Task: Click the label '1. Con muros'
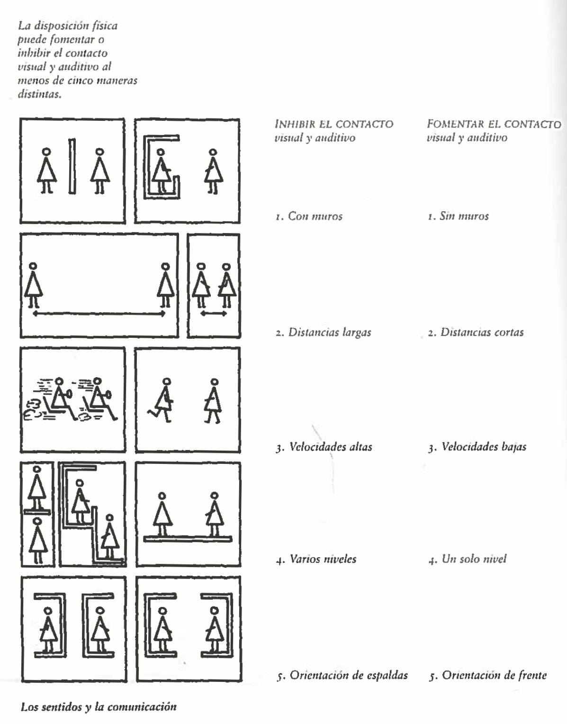click(309, 217)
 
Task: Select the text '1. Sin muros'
click(458, 217)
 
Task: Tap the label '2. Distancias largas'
click(324, 332)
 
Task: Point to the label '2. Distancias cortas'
click(476, 332)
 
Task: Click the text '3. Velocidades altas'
click(324, 447)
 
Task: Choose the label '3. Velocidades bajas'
click(477, 447)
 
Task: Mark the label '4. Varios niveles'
click(316, 559)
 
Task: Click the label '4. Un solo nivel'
click(467, 559)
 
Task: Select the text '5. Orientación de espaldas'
click(342, 675)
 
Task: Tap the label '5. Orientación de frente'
click(487, 675)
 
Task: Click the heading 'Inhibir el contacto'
click(334, 124)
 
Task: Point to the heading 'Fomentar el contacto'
click(494, 124)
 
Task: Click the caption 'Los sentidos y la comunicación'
click(99, 707)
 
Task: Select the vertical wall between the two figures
click(72, 166)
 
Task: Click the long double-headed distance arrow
click(99, 314)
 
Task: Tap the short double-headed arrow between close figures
click(213, 314)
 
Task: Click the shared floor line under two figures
click(188, 539)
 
